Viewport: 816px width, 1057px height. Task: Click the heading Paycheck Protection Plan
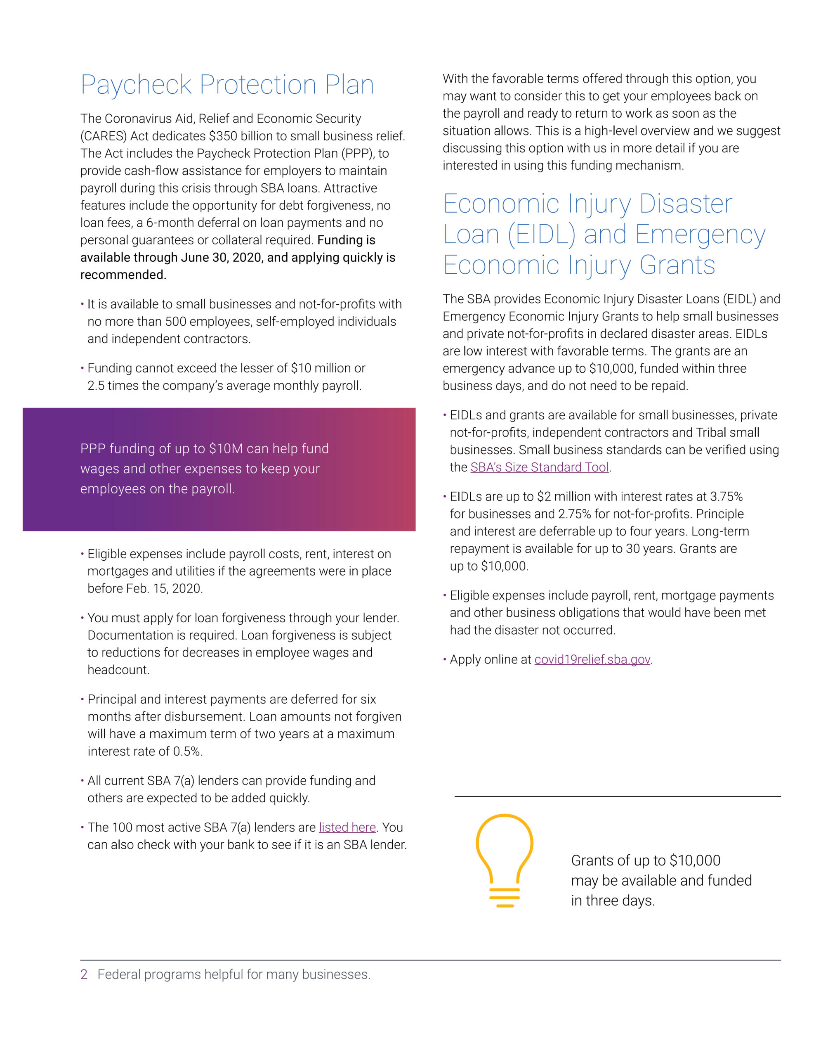227,85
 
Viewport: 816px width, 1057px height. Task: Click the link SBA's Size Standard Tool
539,467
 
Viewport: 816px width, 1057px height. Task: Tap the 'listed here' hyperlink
347,827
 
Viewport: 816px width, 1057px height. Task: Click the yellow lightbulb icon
504,860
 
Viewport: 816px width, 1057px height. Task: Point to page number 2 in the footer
84,974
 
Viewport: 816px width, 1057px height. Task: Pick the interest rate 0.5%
187,751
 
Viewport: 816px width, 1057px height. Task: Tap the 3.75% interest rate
726,497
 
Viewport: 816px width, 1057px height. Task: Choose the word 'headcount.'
118,670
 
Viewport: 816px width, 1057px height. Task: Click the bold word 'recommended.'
123,275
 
